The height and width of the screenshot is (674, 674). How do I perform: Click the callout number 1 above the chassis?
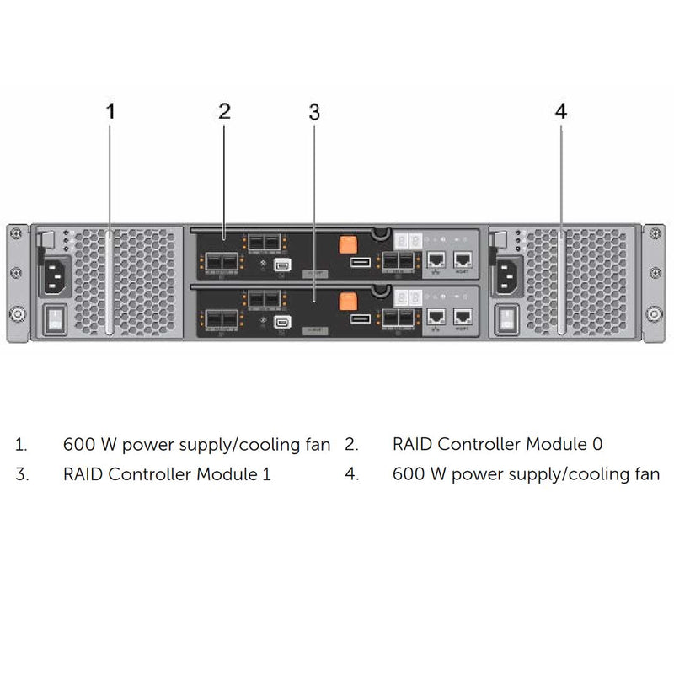pyautogui.click(x=110, y=111)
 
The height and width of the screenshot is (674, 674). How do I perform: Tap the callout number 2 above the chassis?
pyautogui.click(x=224, y=111)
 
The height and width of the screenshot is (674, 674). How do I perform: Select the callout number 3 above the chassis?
pyautogui.click(x=314, y=112)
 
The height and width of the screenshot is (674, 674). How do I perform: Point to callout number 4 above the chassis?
pyautogui.click(x=561, y=111)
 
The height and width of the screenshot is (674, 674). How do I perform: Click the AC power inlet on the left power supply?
pyautogui.click(x=52, y=271)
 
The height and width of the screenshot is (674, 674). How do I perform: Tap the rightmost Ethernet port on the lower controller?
pyautogui.click(x=463, y=317)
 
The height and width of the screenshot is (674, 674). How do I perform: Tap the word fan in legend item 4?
pyautogui.click(x=645, y=474)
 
